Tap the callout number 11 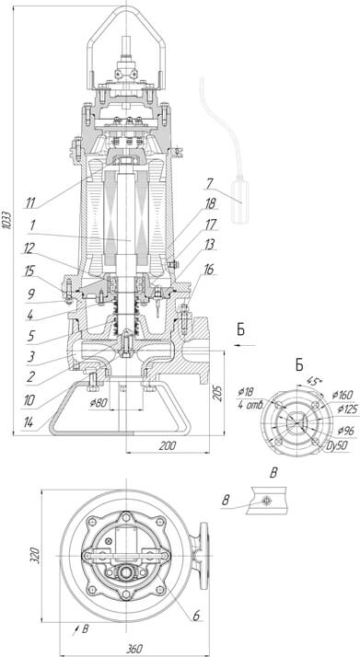(29, 203)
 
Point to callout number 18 (210, 204)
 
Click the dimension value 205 (218, 394)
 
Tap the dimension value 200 (168, 445)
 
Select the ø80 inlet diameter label (99, 403)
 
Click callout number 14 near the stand (28, 422)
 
